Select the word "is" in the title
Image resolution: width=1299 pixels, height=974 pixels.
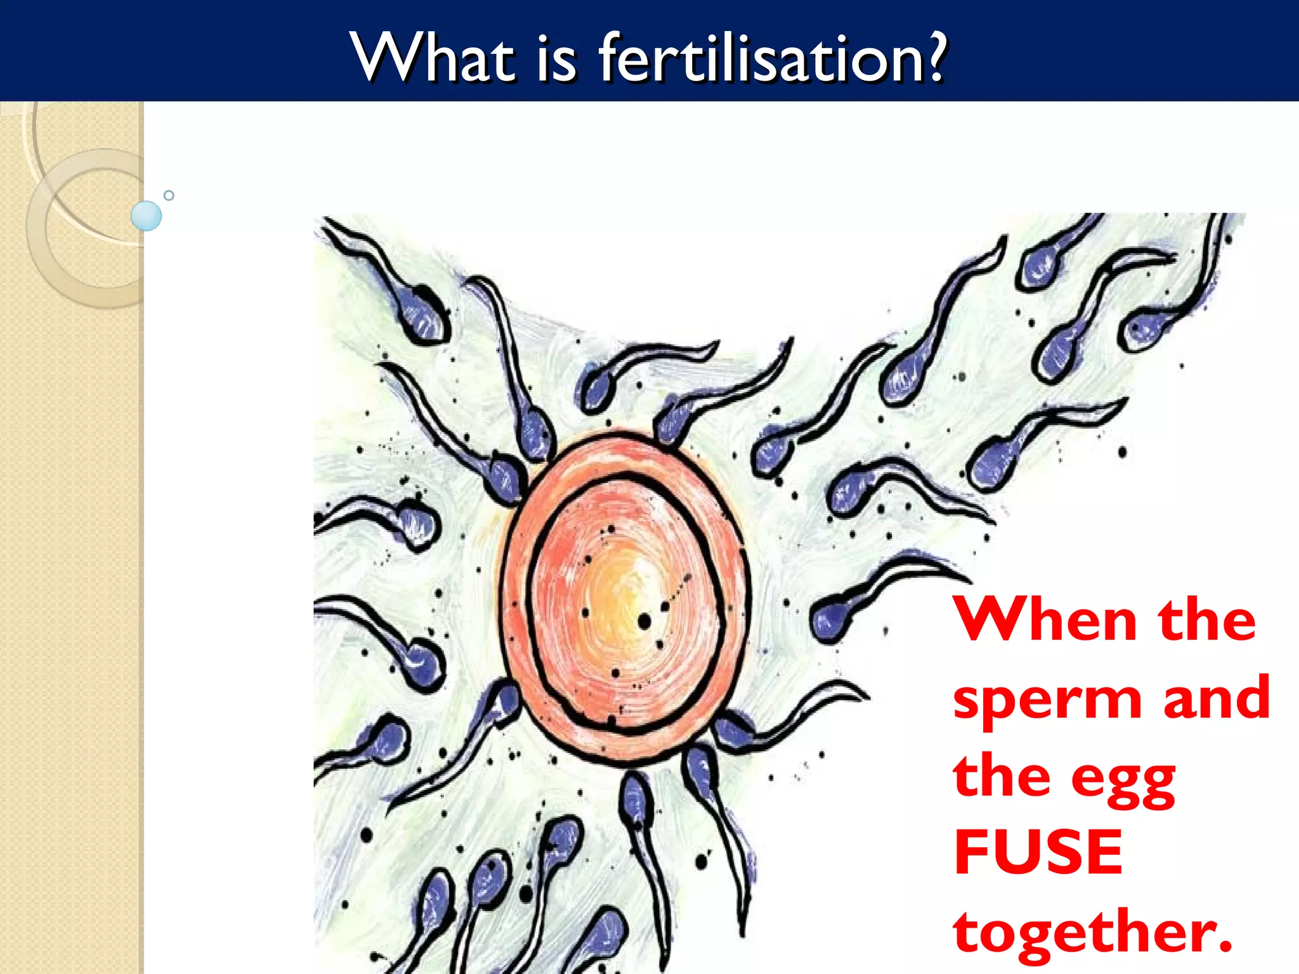point(557,61)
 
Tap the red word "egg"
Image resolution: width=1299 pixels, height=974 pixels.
point(1123,781)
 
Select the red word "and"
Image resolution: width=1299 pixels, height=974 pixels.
point(1216,698)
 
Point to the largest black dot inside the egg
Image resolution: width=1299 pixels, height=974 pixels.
point(644,621)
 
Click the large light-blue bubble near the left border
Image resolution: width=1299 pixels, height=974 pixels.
point(146,216)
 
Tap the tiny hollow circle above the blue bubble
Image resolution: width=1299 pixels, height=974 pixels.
point(169,195)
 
